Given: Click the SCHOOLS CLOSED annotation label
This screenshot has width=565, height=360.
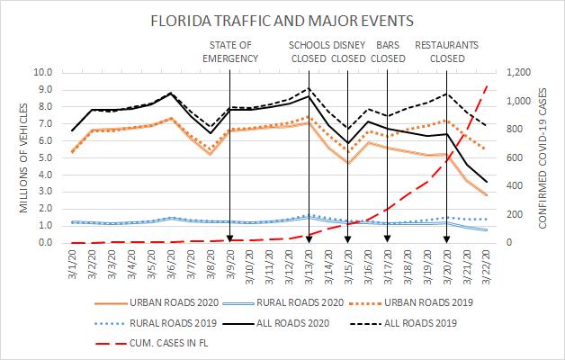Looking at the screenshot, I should pyautogui.click(x=309, y=51).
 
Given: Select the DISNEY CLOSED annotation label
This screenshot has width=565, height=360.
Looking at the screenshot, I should pyautogui.click(x=348, y=51).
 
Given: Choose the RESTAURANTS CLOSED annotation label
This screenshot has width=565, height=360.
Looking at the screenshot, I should pyautogui.click(x=447, y=51).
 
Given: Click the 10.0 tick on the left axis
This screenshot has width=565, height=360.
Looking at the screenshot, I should pyautogui.click(x=42, y=72).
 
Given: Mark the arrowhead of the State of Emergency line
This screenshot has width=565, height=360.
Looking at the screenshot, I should pyautogui.click(x=230, y=238).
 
